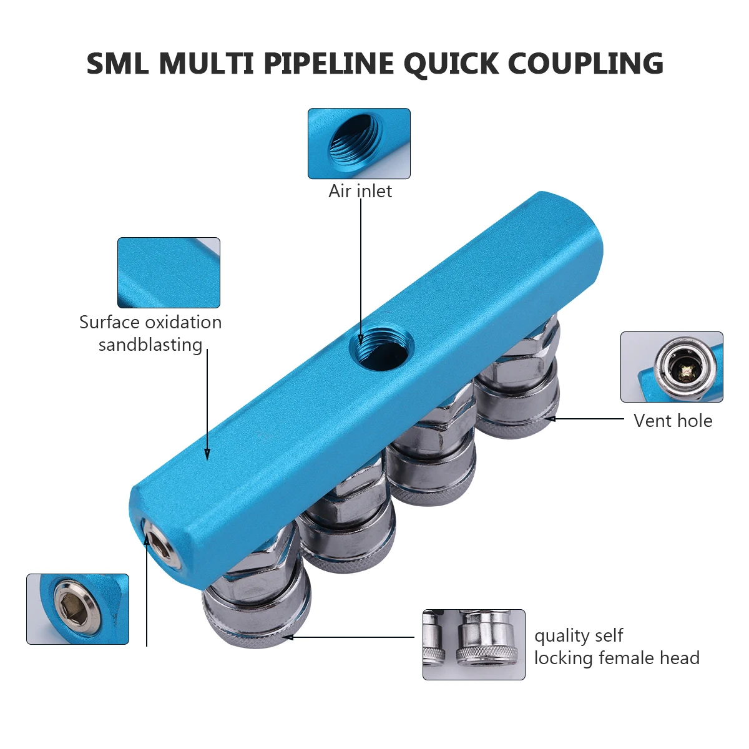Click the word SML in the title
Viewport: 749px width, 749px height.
coord(117,64)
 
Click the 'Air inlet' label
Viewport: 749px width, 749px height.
coord(360,191)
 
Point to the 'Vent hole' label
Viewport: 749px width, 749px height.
coord(673,421)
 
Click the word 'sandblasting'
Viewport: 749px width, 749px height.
coord(150,345)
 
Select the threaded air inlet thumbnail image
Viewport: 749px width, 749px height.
coord(359,144)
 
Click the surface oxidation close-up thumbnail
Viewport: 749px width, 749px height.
coord(169,273)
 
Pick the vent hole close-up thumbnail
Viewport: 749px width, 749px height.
coord(672,367)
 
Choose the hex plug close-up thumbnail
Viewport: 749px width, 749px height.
coord(78,609)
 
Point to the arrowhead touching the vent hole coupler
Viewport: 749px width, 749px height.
coord(551,419)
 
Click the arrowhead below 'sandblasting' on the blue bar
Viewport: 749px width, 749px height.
coord(207,454)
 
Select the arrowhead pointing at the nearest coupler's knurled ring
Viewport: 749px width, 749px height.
coord(288,637)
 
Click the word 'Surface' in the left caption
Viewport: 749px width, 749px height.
coord(110,323)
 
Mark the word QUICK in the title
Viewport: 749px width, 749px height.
coord(451,64)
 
